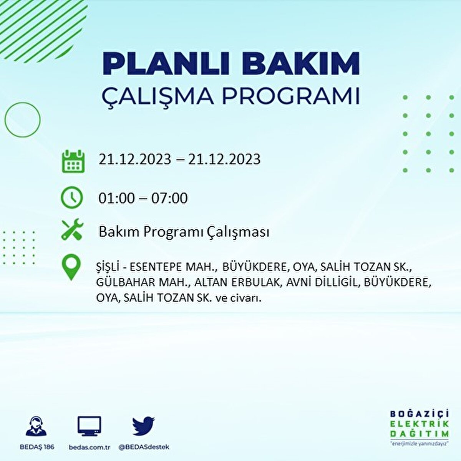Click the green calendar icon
click(73, 161)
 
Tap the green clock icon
click(72, 198)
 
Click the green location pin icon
click(71, 267)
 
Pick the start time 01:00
click(116, 198)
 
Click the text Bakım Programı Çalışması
click(184, 232)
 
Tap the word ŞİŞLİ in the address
click(108, 267)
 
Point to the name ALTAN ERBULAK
click(237, 282)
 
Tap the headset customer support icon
click(36, 426)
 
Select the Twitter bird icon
click(144, 426)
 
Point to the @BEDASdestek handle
click(144, 447)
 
